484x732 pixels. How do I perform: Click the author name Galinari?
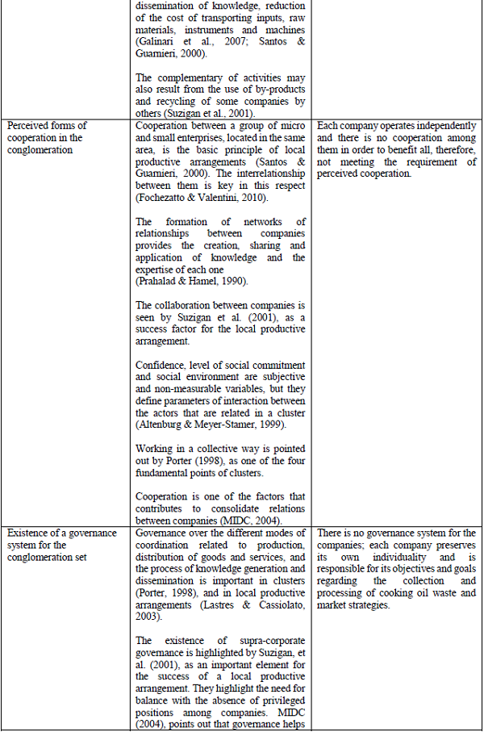pos(156,43)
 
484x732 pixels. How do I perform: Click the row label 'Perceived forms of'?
pos(45,126)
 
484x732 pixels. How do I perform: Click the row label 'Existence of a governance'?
pos(59,533)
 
